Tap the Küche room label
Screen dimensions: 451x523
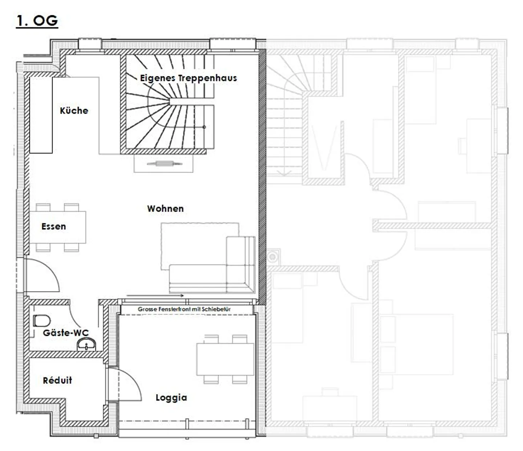tap(74, 110)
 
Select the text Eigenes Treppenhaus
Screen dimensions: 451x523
tap(188, 78)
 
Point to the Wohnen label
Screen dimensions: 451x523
tap(165, 209)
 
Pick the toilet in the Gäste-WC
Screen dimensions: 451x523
tap(42, 321)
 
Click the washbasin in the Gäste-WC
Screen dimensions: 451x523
tap(86, 344)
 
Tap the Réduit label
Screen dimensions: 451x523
tap(57, 380)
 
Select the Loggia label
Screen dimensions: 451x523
tap(171, 398)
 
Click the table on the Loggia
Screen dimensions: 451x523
tap(225, 359)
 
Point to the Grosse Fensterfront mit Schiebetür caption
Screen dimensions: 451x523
tap(184, 309)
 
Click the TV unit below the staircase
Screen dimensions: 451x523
tap(163, 164)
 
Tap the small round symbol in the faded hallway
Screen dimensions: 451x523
tap(272, 257)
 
